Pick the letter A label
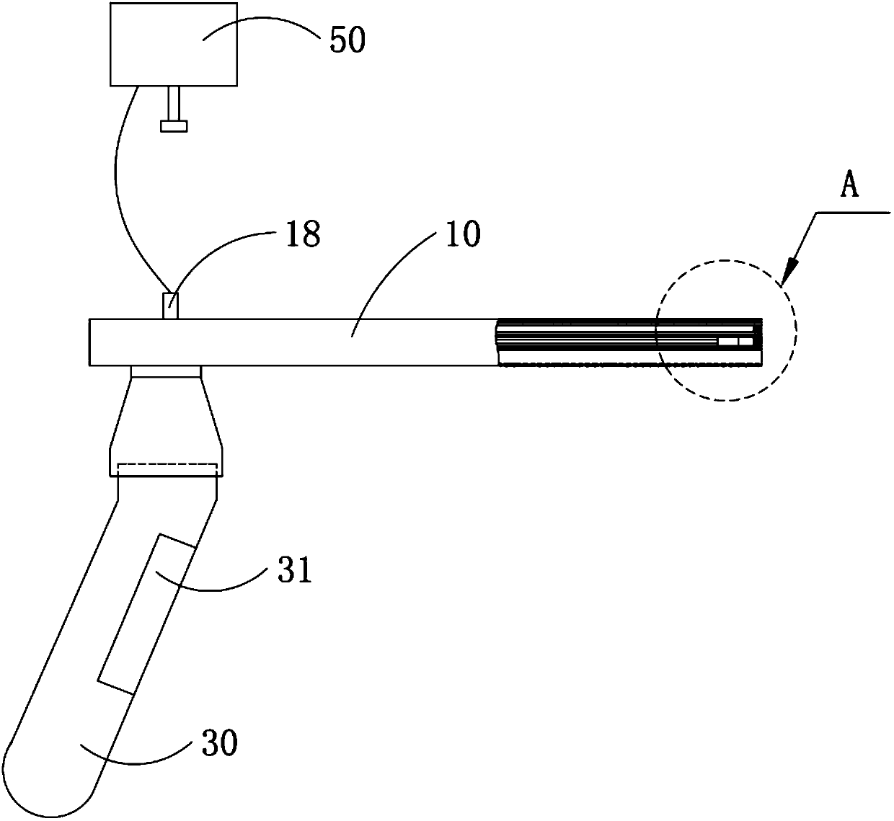850,187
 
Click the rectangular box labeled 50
173,43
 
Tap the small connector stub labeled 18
171,305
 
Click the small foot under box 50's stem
173,126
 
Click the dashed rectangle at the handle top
166,469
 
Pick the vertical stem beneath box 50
173,102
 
